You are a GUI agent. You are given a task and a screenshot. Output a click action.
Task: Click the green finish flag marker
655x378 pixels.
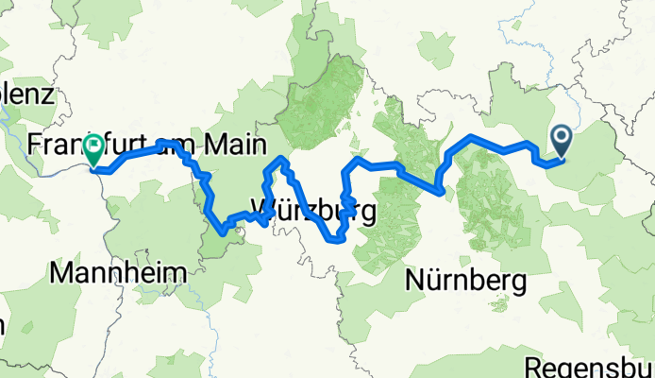coord(94,149)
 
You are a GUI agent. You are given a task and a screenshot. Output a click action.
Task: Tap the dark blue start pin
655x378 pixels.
coord(561,142)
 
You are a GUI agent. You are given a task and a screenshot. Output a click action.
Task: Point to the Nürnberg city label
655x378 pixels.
coord(466,279)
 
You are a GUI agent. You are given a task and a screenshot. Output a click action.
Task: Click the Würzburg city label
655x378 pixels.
coord(314,209)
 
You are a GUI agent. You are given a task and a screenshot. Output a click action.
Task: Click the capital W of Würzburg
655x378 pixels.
coord(266,209)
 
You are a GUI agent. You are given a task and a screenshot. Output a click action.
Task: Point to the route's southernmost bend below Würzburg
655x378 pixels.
coord(336,239)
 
